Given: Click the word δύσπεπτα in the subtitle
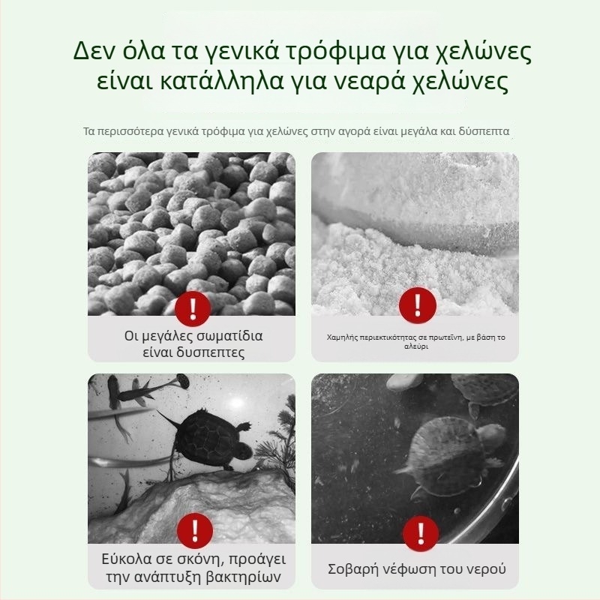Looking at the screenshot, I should [484, 131].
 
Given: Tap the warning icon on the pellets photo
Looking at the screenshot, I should [192, 307].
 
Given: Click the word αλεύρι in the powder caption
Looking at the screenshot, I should [415, 348].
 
